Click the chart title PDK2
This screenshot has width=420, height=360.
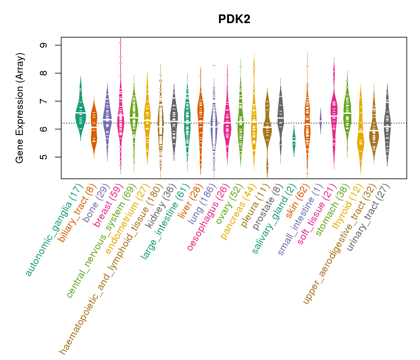(234, 19)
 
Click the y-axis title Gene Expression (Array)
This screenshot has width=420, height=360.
(19, 108)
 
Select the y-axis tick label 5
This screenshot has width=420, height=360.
(45, 157)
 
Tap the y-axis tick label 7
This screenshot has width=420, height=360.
(45, 101)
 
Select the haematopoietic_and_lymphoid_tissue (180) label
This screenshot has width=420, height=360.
(111, 268)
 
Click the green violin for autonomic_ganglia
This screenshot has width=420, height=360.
(80, 114)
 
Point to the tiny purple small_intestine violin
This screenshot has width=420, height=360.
(321, 121)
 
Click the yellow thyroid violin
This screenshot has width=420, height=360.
(361, 135)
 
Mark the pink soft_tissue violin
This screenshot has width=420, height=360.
(334, 114)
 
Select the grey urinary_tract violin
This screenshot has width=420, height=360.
(387, 129)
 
